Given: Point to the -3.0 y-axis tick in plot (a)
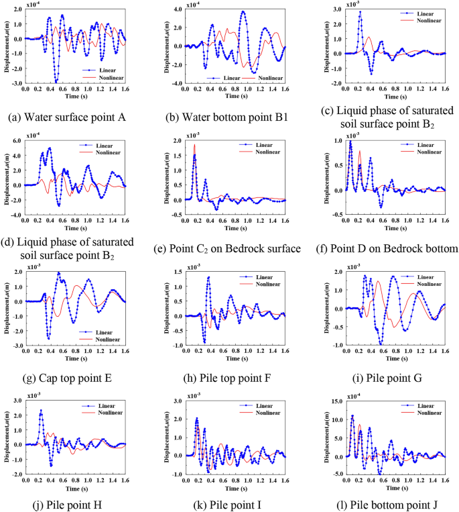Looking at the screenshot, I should pos(14,84).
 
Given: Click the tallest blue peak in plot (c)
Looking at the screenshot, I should pos(360,12).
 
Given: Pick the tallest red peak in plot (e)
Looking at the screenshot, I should pos(195,144).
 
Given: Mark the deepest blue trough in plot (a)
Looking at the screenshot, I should pos(57,82).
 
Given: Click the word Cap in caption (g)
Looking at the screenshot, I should pos(46,378).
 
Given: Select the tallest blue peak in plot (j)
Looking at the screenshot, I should pos(41,411).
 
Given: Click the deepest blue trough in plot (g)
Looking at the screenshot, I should pos(48,338).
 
